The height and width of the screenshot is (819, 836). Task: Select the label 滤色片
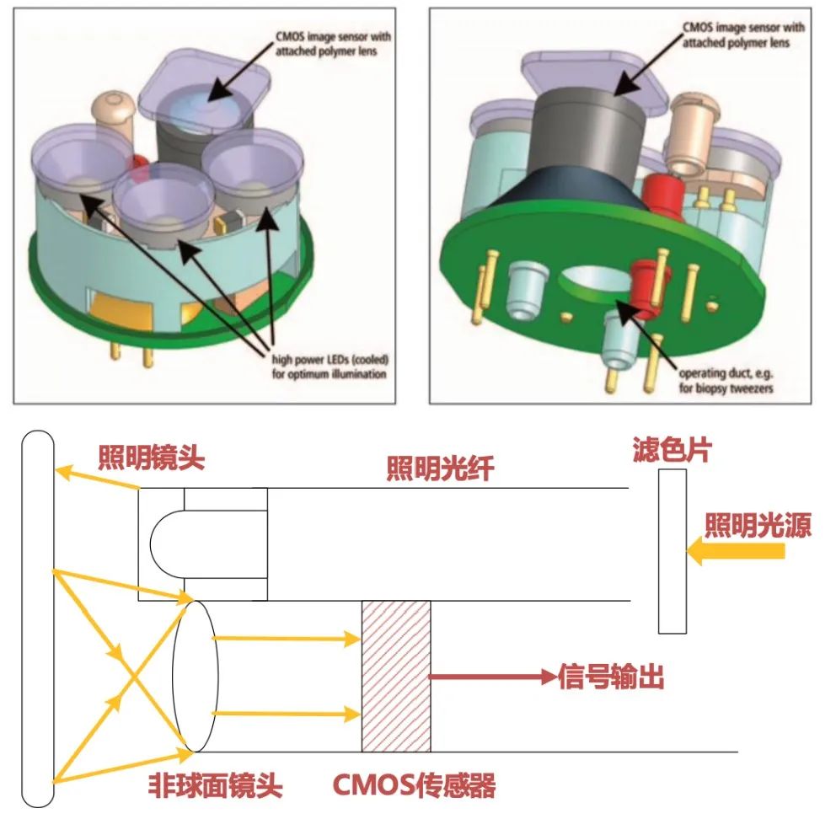(x=671, y=451)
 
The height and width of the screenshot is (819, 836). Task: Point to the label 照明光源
(x=758, y=527)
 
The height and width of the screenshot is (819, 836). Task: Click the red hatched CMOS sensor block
(x=395, y=676)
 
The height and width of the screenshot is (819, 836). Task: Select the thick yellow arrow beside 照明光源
(x=736, y=552)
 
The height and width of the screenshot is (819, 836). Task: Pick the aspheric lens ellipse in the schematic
(x=196, y=676)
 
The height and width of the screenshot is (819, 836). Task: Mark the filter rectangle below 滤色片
(x=672, y=551)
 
